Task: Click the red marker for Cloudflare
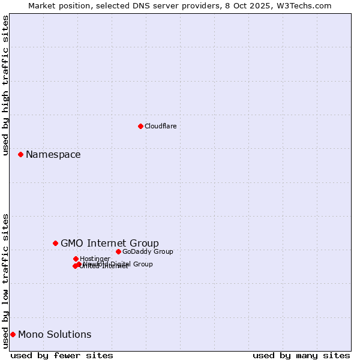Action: [x=140, y=126]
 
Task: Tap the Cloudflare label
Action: [x=161, y=126]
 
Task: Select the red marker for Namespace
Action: [x=20, y=154]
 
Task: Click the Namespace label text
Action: [x=53, y=155]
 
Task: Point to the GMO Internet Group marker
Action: [x=55, y=243]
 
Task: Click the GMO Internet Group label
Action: [x=110, y=243]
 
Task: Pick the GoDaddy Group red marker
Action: [x=118, y=251]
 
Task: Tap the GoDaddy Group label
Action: [x=148, y=251]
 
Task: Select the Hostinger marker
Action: [x=76, y=259]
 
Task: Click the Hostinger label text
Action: [x=95, y=259]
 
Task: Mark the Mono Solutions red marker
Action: [x=13, y=334]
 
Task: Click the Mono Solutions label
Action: [x=55, y=335]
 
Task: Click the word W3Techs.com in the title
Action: [x=305, y=5]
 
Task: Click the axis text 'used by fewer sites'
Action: [x=62, y=355]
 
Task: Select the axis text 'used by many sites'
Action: [x=301, y=355]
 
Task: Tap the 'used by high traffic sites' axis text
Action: [x=6, y=85]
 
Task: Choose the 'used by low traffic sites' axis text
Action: [x=6, y=281]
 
